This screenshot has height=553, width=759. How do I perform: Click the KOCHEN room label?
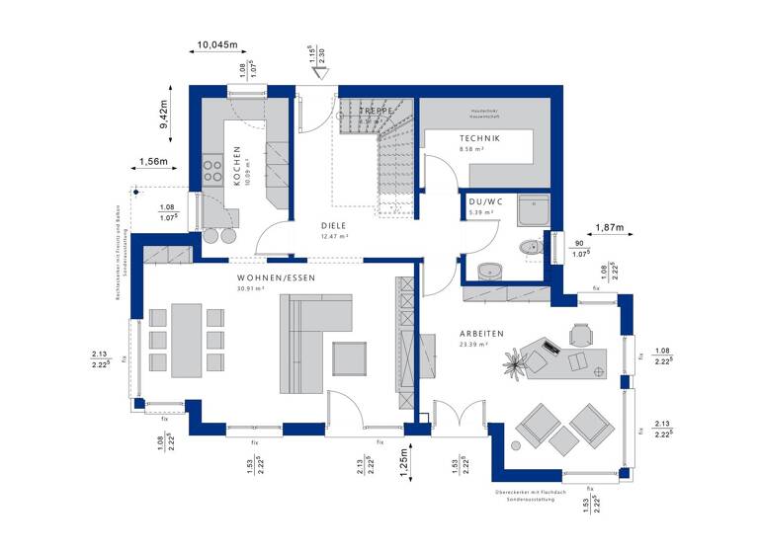click(x=237, y=166)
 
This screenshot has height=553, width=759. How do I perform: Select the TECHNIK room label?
click(x=480, y=138)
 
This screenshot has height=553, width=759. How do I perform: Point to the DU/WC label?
click(x=484, y=201)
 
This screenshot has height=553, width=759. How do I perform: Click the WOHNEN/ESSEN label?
click(x=276, y=278)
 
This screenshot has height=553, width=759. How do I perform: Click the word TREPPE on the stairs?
click(x=379, y=112)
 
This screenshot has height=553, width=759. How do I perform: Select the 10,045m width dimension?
click(x=217, y=44)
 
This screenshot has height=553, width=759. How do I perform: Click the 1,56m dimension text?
click(x=153, y=161)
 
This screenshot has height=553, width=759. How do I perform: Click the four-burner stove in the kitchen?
click(x=212, y=172)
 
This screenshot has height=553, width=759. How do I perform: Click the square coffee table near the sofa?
click(x=349, y=356)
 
